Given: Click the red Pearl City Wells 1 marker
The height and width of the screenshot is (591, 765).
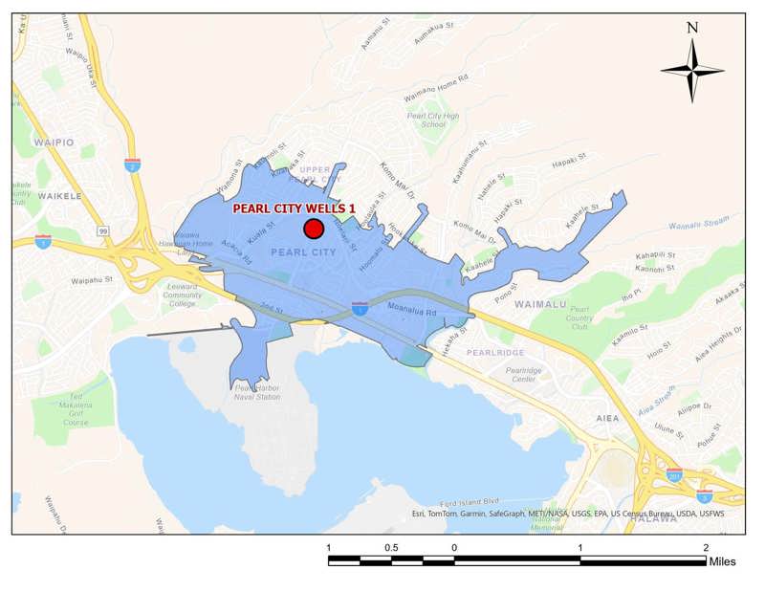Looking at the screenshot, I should click(x=313, y=229).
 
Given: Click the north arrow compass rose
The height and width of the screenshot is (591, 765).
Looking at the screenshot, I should click(x=692, y=69).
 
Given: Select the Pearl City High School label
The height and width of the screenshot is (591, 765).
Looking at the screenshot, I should click(x=426, y=120).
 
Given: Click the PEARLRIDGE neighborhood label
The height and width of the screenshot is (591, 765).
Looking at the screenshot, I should click(x=495, y=353).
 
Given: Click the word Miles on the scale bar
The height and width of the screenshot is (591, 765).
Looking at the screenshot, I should click(x=722, y=561).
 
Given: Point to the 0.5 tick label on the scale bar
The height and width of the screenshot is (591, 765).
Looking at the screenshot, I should click(x=391, y=547).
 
